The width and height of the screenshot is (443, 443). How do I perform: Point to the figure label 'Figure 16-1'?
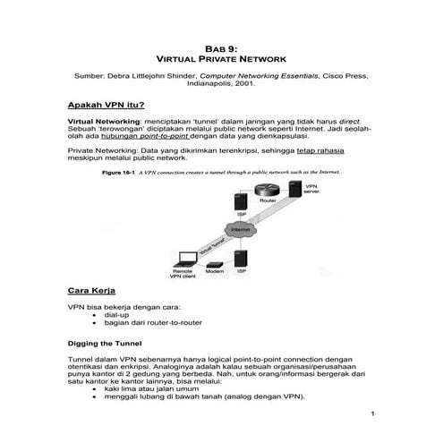(x=119, y=171)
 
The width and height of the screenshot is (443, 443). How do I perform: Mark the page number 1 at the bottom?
(x=371, y=413)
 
